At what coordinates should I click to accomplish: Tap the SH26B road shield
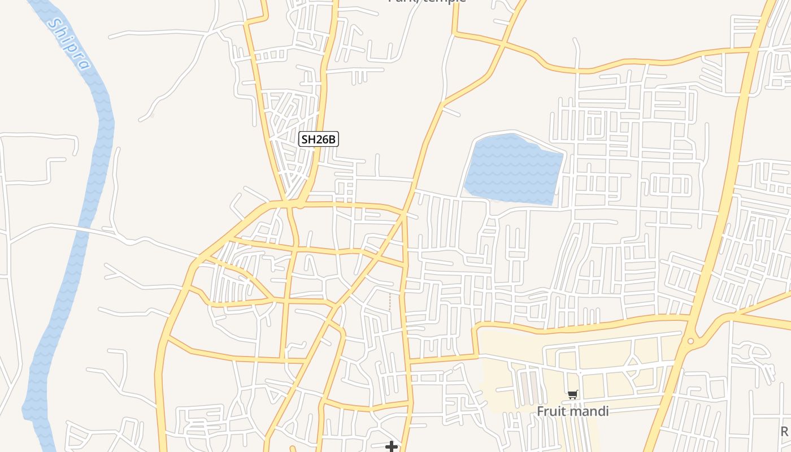[x=318, y=139]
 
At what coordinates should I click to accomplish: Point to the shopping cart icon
[x=573, y=394]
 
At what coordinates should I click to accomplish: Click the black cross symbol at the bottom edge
[x=391, y=447]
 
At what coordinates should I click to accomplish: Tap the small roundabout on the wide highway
[x=690, y=341]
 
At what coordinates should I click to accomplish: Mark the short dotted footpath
[x=390, y=301]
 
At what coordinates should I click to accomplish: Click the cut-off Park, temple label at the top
[x=427, y=2]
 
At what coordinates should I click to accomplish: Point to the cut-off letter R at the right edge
[x=785, y=432]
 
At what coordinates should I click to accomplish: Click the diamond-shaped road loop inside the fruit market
[x=631, y=367]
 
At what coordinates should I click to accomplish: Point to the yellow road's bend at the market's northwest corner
[x=478, y=328]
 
